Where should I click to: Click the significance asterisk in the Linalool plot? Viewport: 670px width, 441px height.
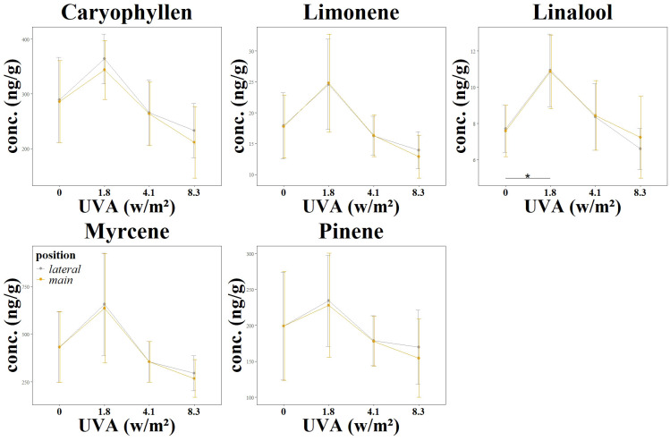coord(528,176)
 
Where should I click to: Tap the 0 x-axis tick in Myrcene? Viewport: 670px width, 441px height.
coord(59,411)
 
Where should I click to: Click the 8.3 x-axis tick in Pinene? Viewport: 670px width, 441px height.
coord(418,411)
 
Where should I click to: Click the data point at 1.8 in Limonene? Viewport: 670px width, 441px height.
coord(328,83)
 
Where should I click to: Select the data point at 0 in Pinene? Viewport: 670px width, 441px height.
coord(284,326)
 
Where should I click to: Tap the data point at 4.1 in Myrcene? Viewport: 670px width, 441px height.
coord(148,361)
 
